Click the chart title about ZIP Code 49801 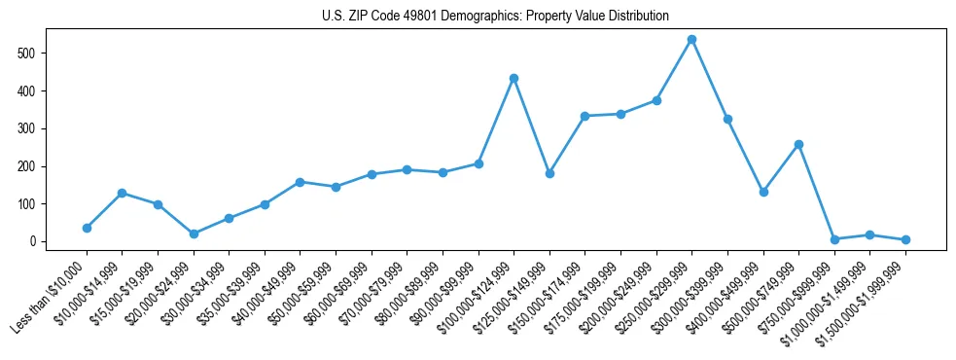click(x=495, y=17)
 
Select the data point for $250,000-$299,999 click(x=691, y=40)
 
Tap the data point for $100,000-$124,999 click(x=513, y=78)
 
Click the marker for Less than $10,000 click(x=87, y=228)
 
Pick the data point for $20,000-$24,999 click(x=194, y=234)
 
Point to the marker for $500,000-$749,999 click(x=798, y=144)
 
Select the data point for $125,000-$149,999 click(x=549, y=173)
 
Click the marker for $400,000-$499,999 click(x=763, y=192)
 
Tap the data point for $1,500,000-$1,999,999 click(x=905, y=239)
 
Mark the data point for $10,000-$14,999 click(x=123, y=193)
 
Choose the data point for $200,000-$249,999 click(x=656, y=100)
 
